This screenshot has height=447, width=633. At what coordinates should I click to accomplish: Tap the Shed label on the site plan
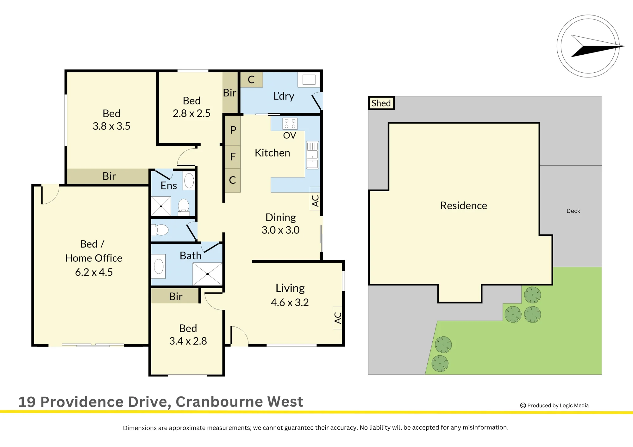click(381, 103)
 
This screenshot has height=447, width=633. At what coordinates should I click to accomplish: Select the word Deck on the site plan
click(573, 211)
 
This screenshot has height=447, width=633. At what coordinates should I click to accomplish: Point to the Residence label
click(464, 205)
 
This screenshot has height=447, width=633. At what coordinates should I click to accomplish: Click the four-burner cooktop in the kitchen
click(290, 124)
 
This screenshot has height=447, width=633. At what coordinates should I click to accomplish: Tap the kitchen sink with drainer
click(312, 155)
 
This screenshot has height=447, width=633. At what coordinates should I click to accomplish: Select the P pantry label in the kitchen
click(233, 130)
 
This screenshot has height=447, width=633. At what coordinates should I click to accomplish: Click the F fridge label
click(233, 157)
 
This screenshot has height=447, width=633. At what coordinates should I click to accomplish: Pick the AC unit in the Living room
click(338, 318)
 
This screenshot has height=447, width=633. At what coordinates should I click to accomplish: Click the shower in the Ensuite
click(161, 206)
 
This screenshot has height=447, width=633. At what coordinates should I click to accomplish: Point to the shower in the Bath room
click(207, 274)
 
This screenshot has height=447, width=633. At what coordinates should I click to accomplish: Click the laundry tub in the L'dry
click(309, 80)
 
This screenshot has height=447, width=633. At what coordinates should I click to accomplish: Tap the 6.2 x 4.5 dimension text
click(94, 272)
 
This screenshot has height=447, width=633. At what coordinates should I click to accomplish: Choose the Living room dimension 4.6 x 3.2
click(290, 303)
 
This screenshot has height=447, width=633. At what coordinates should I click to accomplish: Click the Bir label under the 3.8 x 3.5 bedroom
click(109, 176)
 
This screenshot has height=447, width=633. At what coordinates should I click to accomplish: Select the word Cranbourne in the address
click(219, 402)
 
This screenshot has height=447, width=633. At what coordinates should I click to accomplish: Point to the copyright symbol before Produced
click(523, 406)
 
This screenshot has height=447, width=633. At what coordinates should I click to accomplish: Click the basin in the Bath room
click(159, 266)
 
